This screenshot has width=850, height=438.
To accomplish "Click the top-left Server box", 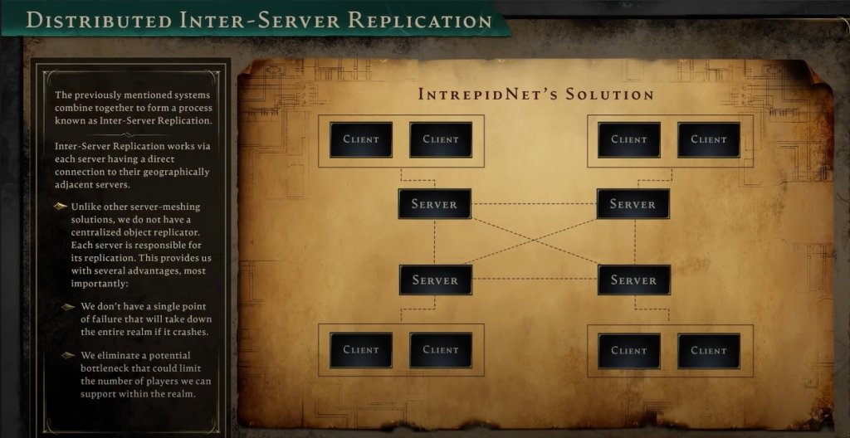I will pos(434,204).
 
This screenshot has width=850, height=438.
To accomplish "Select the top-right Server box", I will pos(633,204).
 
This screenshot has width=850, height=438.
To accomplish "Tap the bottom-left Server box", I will pos(435,280).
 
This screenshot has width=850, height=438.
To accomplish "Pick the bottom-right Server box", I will pos(633,280).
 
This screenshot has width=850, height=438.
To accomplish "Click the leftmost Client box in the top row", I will pos(361,139).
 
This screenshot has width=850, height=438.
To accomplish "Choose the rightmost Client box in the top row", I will pos(708,139).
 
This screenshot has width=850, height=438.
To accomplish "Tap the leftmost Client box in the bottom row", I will pos(361,350).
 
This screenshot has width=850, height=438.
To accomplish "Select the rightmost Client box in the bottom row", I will pos(708,350).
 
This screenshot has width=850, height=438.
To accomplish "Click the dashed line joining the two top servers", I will pos(534,204).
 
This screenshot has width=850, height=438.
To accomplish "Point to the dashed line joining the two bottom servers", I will pos(534,280).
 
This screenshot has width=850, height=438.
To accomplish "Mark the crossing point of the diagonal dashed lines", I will pos(534,242).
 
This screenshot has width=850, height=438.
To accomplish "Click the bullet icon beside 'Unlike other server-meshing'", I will pos(61,207).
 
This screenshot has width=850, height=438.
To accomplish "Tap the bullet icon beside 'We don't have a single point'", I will pos(69,306).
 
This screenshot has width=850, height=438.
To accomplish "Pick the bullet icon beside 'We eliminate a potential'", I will pos(69,356).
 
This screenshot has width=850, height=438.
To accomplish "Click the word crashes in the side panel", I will pos(184,331).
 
